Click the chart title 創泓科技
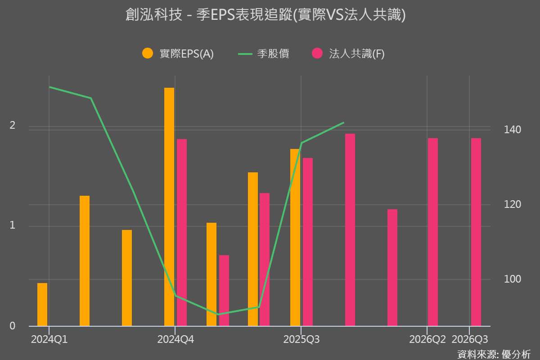click(265, 15)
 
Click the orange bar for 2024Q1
click(42, 304)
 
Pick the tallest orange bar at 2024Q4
click(169, 207)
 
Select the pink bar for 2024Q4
click(182, 232)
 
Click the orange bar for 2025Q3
click(295, 237)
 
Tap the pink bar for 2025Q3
click(308, 242)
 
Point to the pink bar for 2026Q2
click(433, 232)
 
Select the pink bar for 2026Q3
click(476, 232)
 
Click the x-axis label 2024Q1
click(49, 340)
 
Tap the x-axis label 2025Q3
click(301, 340)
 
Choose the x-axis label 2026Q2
click(427, 340)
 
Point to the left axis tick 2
click(13, 126)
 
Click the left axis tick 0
click(13, 326)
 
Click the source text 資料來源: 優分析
click(494, 354)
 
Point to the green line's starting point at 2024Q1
click(49, 87)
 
